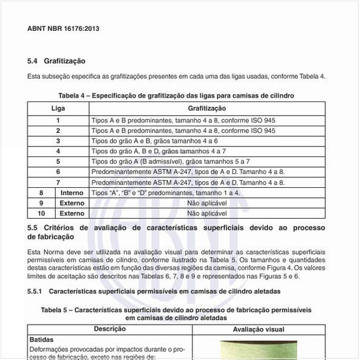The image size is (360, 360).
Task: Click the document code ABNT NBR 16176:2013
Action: coord(63,29)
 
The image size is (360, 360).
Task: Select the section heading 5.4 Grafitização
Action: coord(56,61)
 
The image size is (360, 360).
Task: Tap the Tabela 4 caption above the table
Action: coord(176,96)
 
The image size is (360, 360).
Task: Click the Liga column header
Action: coord(58,108)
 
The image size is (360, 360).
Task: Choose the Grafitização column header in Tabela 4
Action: coord(207,108)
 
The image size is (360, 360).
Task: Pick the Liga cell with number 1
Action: coord(58,120)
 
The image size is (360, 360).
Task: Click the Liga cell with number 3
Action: coord(58,141)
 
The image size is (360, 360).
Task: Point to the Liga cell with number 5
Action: coord(58,161)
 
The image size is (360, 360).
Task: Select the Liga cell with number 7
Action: coord(58,182)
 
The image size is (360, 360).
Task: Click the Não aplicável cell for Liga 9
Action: coord(207,204)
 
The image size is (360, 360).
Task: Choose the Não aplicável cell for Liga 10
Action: coord(207,213)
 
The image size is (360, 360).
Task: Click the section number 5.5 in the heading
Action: coord(33,228)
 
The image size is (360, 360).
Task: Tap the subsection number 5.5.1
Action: coord(35,290)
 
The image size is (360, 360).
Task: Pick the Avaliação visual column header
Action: coord(259,330)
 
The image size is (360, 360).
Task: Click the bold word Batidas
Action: coord(42,340)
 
